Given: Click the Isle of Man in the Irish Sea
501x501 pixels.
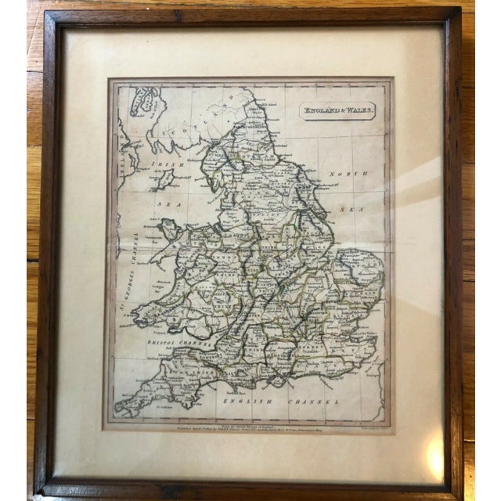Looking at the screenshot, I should click(164, 178).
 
